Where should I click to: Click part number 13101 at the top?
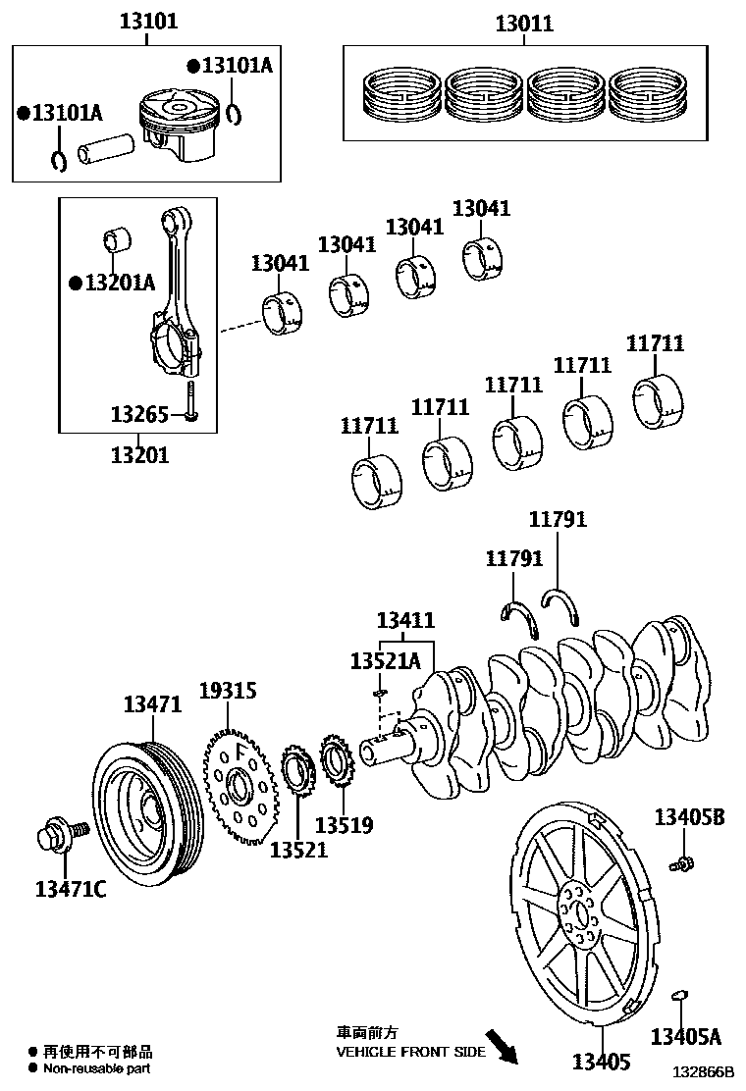[x=149, y=20]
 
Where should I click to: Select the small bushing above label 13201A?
[x=117, y=239]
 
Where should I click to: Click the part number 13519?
[x=344, y=825]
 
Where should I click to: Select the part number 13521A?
[x=385, y=662]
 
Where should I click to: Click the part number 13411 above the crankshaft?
[x=406, y=619]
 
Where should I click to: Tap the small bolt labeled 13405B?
[x=679, y=864]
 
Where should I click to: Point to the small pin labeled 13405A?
[x=677, y=997]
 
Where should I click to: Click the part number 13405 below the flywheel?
[x=602, y=1062]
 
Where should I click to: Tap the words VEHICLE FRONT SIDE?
[x=410, y=1052]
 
